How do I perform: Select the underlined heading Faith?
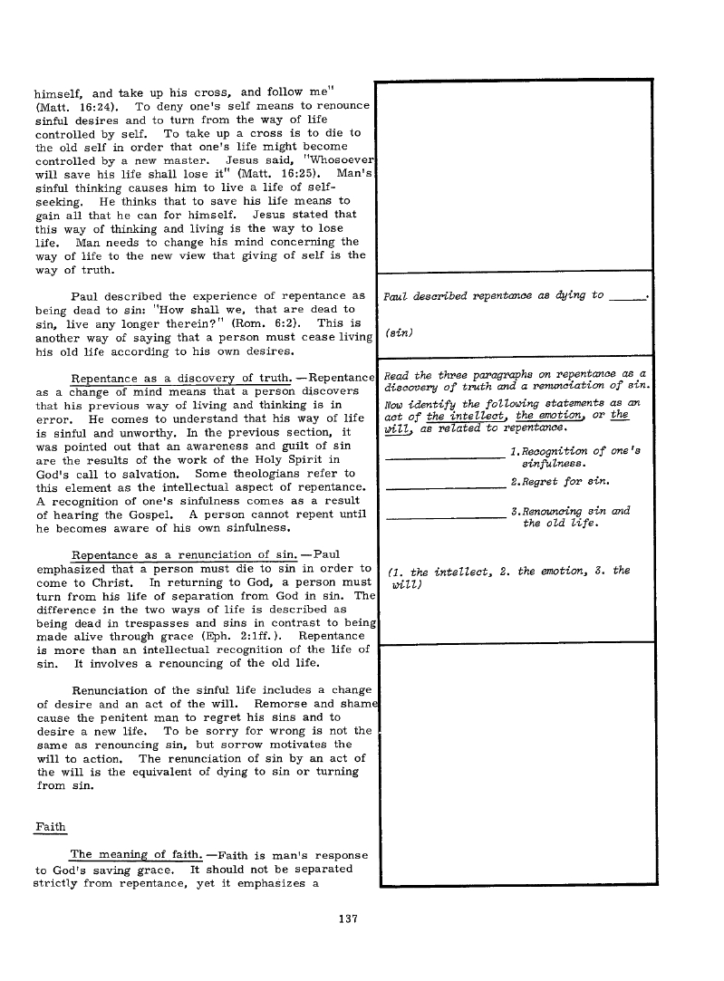(50, 826)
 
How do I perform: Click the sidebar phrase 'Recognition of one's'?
(576, 451)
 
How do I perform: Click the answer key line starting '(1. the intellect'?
(507, 571)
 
